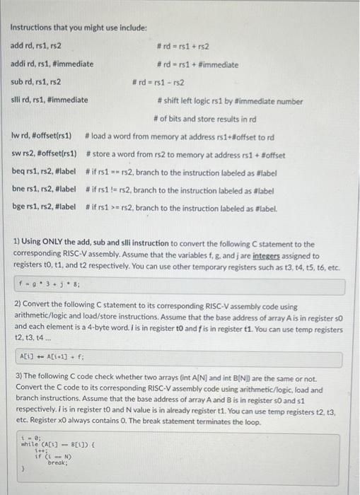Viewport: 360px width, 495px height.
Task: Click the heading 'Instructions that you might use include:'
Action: [x=79, y=28]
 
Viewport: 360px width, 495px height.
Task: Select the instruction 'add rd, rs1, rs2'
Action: [x=35, y=46]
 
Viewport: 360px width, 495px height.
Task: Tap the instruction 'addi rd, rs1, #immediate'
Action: [x=52, y=64]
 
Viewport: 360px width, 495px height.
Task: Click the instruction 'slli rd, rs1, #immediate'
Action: [x=50, y=100]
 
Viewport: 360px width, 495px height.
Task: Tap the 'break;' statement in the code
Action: [x=57, y=462]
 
